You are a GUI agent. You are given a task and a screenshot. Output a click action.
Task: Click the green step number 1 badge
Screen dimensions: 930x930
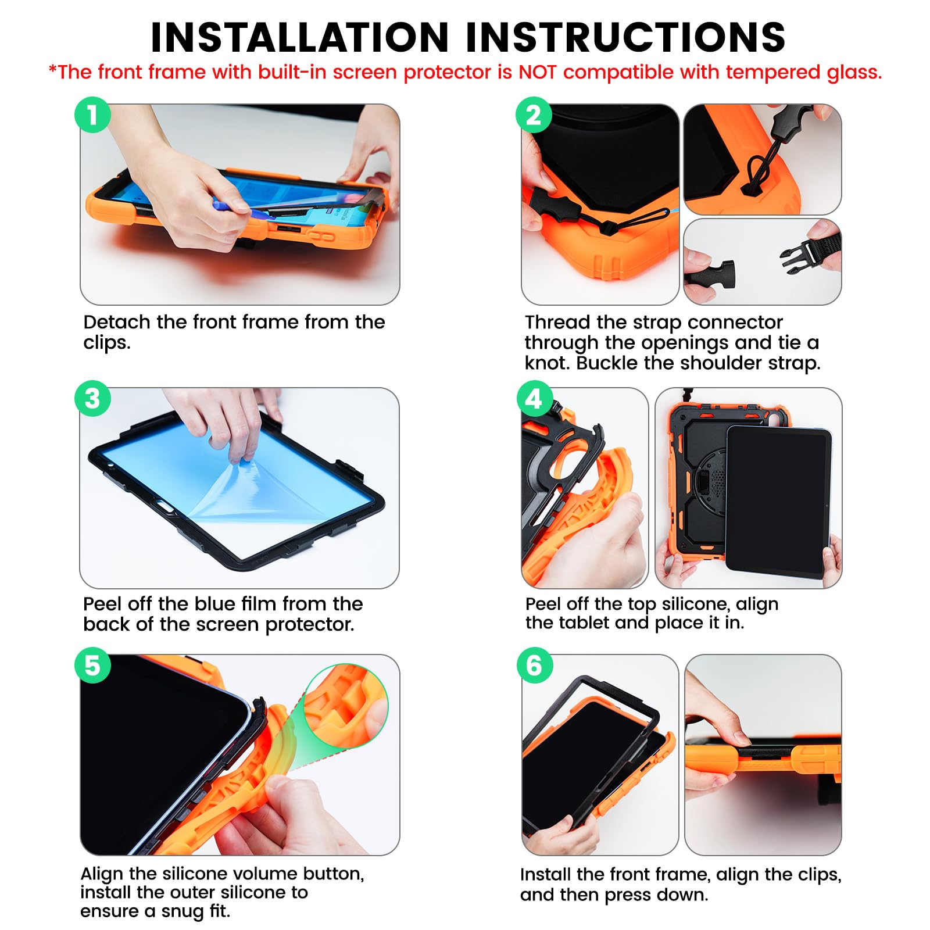point(92,115)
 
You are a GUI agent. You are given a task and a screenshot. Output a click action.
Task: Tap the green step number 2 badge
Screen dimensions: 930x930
point(534,115)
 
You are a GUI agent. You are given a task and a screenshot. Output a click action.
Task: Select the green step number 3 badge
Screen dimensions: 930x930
point(92,398)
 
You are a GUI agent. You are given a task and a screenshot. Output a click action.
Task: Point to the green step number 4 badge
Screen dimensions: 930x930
point(534,398)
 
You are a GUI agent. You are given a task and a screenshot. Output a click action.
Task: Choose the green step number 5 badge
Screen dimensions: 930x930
point(92,665)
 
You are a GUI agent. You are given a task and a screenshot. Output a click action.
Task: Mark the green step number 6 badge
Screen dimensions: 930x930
point(534,665)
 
